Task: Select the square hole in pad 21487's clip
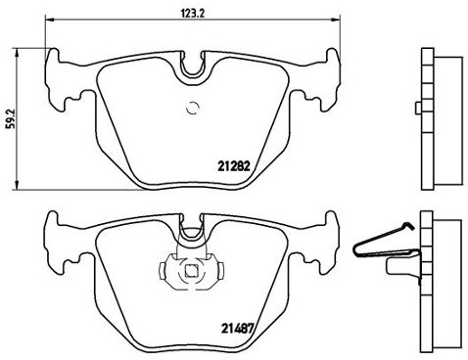[x=190, y=271]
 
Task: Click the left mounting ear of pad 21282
[x=59, y=78]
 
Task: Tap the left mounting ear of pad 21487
[x=59, y=240]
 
